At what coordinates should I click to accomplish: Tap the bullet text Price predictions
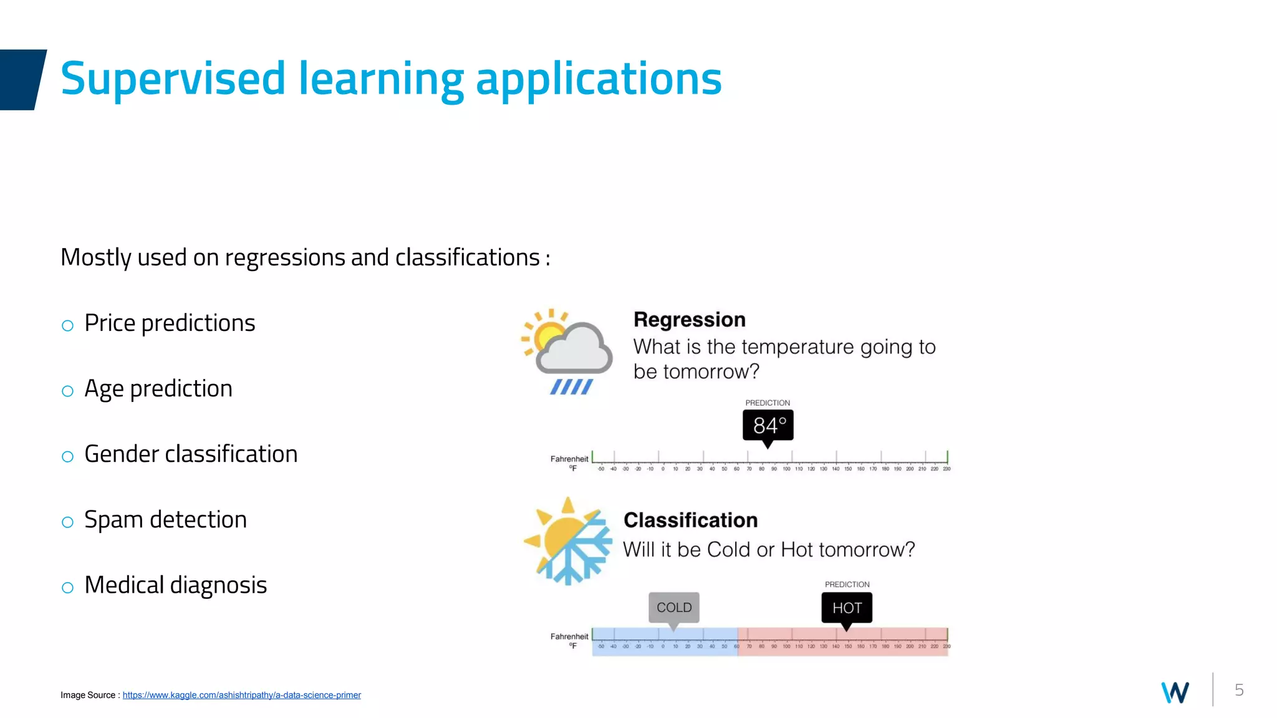click(170, 323)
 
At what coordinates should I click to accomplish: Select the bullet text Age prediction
click(158, 389)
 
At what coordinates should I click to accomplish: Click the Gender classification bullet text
click(191, 454)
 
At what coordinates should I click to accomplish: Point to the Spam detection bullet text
click(165, 520)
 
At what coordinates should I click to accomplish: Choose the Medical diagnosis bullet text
click(175, 585)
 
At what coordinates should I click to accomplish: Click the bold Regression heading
click(689, 320)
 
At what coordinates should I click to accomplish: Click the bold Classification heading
click(690, 520)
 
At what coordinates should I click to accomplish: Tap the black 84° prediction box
click(768, 426)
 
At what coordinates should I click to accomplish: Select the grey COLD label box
click(674, 608)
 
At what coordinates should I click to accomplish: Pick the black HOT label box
click(847, 608)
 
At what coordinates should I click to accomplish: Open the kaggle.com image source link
click(241, 695)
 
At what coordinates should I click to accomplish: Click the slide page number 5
click(1239, 690)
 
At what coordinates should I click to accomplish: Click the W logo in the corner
click(1175, 692)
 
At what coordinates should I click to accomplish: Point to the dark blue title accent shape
click(21, 80)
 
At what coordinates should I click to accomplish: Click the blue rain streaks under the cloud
click(571, 387)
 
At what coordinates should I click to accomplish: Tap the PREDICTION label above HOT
click(847, 585)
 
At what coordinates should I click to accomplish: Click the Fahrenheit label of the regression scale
click(569, 459)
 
